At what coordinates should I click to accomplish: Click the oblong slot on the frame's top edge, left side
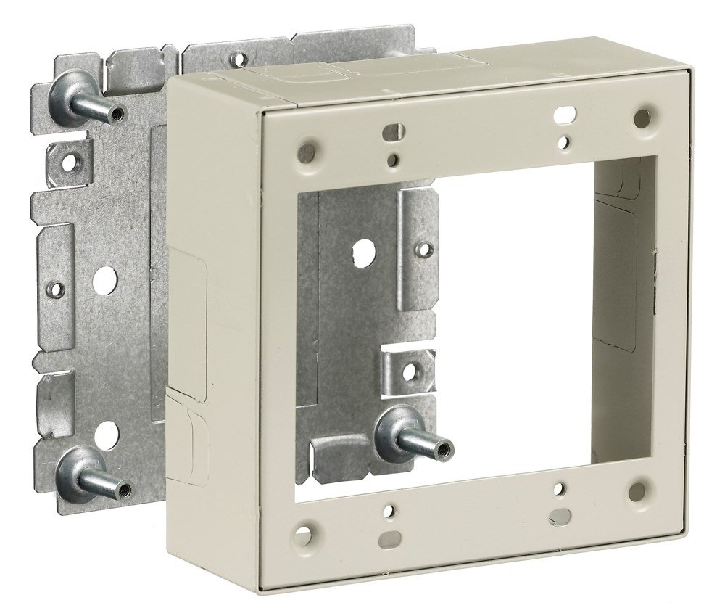(391, 132)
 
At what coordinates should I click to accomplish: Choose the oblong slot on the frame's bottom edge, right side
(558, 516)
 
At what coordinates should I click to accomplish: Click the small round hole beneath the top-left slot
(391, 158)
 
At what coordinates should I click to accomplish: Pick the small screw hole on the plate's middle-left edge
(54, 289)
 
